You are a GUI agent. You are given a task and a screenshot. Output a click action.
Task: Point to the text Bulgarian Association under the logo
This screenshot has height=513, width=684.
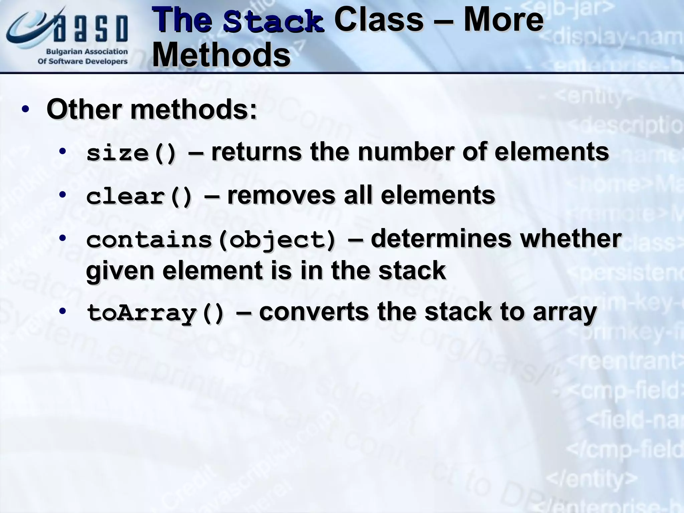(x=87, y=52)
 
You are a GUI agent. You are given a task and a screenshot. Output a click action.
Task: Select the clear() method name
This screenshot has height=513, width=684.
(x=139, y=197)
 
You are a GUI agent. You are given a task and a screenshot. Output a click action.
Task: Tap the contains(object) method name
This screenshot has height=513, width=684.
(x=211, y=240)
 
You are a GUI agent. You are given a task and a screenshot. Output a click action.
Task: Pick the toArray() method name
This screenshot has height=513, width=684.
(x=155, y=314)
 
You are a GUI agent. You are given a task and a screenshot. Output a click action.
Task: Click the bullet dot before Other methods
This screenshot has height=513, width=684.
(x=25, y=110)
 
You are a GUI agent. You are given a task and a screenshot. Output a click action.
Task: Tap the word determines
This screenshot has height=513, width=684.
(x=441, y=238)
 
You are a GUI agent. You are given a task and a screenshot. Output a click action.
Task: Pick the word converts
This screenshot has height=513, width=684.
(x=314, y=312)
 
